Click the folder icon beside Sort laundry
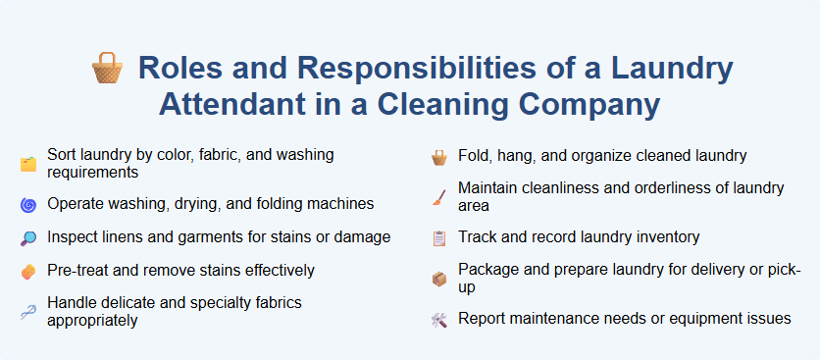[x=27, y=164]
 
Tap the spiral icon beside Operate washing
[x=27, y=205]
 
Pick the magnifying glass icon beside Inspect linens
[x=27, y=237]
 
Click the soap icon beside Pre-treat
[x=27, y=270]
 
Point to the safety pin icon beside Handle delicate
[x=27, y=311]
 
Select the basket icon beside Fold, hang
[x=439, y=156]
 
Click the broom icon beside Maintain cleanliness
[x=439, y=196]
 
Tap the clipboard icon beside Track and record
[x=439, y=237]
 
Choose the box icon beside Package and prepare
[x=439, y=279]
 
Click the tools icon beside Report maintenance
[x=439, y=319]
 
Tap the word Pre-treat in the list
[x=80, y=270]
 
